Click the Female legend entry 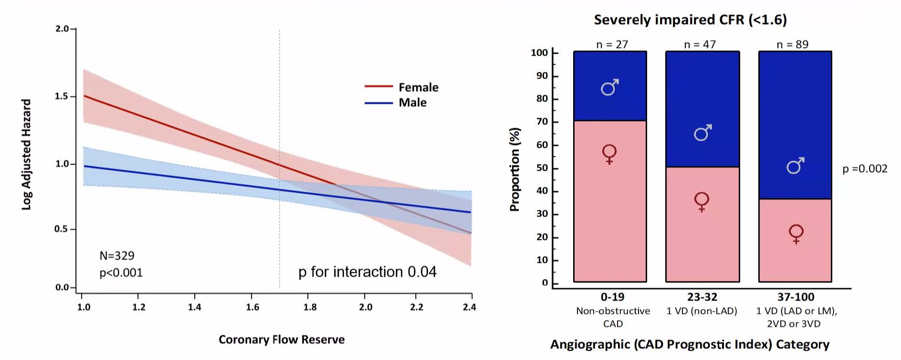click(418, 87)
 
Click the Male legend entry click(412, 103)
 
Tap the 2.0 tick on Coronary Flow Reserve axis click(366, 307)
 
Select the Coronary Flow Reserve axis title click(282, 339)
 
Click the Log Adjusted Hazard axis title click(26, 154)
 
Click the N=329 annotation click(117, 256)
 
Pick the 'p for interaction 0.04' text click(367, 272)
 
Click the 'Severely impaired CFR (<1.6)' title click(690, 20)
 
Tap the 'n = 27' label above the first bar click(612, 44)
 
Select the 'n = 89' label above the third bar click(792, 44)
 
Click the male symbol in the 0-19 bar click(610, 87)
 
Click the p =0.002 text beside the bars click(865, 169)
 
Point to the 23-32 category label click(702, 297)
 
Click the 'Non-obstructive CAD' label click(613, 317)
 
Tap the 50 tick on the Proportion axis click(542, 168)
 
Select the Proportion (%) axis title click(514, 169)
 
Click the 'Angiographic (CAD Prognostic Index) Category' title click(690, 344)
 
